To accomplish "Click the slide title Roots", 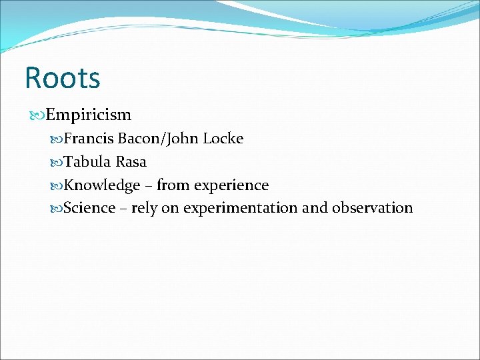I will tap(62, 77).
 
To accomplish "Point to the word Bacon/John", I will tap(158, 139).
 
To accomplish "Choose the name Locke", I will tap(223, 139).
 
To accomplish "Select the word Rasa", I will tap(131, 162).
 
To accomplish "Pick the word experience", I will tap(231, 185).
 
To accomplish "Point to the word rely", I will tap(144, 209).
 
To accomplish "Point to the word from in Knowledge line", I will tap(172, 185).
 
